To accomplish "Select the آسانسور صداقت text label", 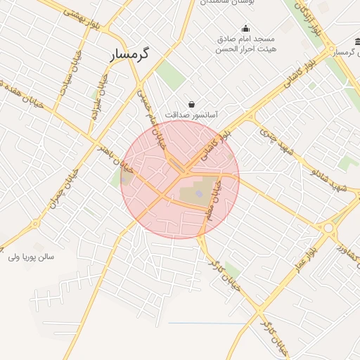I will click(192, 113).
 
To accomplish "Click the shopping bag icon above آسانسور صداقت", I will click(191, 104).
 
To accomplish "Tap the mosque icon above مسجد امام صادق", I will click(245, 29).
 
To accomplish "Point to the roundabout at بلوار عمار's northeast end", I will click(328, 228).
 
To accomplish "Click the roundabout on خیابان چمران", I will click(35, 225).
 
